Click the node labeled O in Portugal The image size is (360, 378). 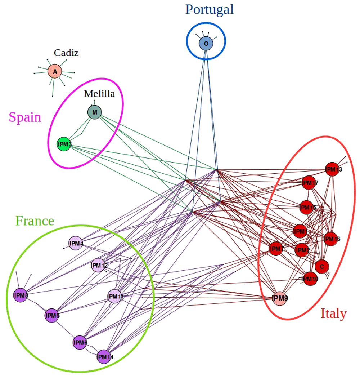206,44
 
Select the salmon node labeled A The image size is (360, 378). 55,71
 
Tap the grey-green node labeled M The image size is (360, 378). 95,112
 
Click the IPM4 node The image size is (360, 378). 76,243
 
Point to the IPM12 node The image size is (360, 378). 99,266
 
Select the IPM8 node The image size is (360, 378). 21,295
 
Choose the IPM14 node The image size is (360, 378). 104,357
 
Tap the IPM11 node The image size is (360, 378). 115,297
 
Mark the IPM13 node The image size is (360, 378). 332,169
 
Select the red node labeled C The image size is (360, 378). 322,267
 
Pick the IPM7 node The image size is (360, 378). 276,249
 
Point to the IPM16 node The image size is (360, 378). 330,239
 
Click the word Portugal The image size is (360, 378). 210,9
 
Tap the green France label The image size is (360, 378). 35,220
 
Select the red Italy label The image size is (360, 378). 333,313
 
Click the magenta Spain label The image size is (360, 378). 25,117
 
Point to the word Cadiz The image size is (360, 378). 66,53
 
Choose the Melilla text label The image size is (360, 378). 99,94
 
